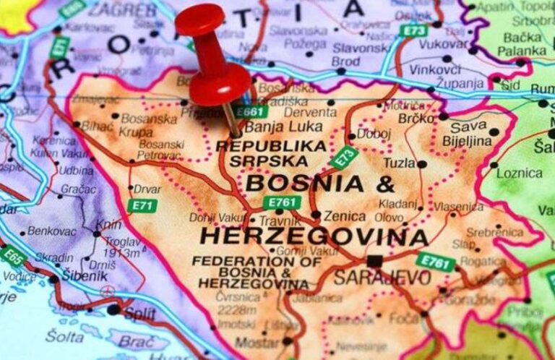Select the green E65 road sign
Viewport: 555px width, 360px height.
pyautogui.click(x=14, y=255)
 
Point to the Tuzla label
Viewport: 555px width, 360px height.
pyautogui.click(x=400, y=163)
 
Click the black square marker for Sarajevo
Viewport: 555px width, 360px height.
pyautogui.click(x=374, y=260)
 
